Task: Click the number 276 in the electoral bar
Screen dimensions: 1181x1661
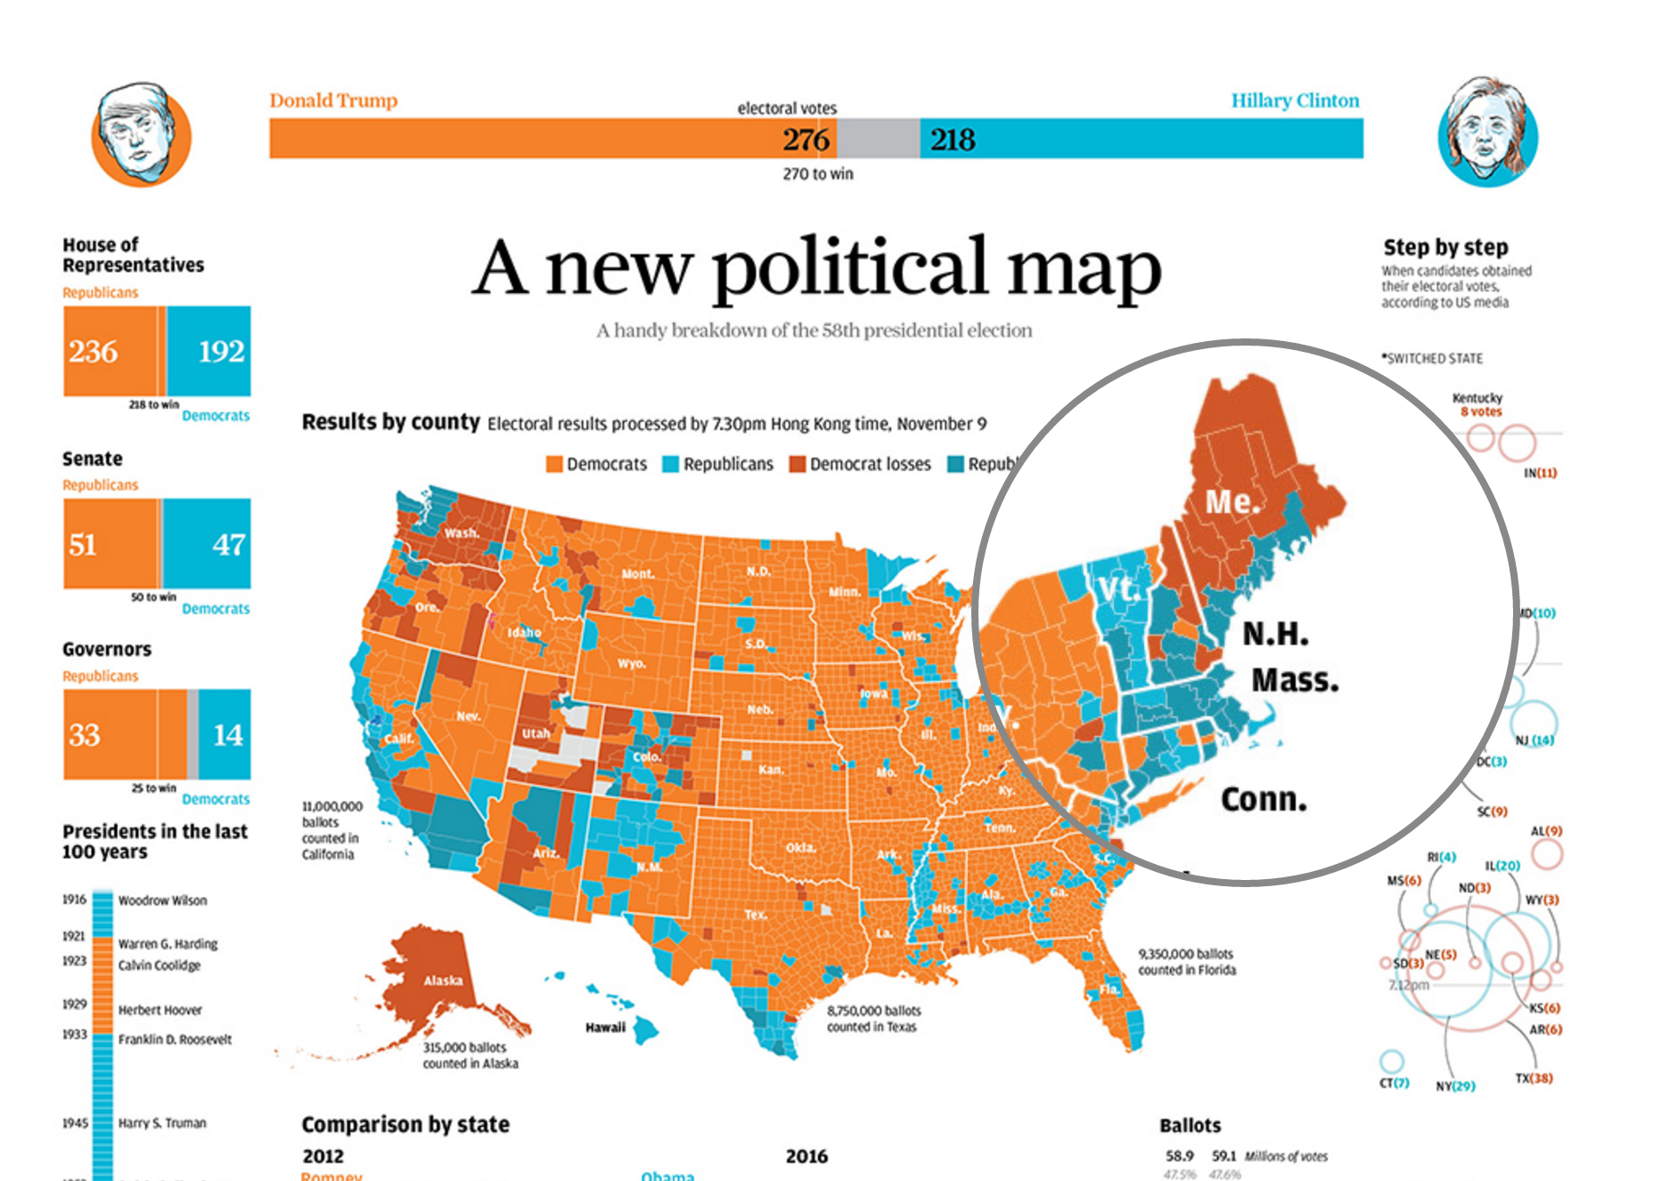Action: coord(806,140)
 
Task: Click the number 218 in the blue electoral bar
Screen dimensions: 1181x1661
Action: coord(953,140)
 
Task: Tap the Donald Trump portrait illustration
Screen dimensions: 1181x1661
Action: coord(141,134)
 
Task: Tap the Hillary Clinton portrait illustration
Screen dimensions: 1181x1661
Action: coord(1487,133)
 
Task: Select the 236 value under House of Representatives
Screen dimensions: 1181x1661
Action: coord(94,352)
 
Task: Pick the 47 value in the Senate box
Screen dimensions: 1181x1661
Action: coord(228,544)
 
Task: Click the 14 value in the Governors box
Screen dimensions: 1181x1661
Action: coord(227,735)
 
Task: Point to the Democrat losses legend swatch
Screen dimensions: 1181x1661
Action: coord(797,464)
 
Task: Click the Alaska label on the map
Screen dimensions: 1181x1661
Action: coord(443,981)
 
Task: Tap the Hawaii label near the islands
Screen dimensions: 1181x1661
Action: coord(605,1028)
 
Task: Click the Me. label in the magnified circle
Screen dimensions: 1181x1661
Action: coord(1232,501)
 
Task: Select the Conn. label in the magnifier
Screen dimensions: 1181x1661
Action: coord(1264,799)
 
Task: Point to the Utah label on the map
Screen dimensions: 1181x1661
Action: coord(536,734)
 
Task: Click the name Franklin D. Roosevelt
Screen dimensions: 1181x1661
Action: coord(175,1039)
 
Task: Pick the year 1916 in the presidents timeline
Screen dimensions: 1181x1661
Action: coord(74,900)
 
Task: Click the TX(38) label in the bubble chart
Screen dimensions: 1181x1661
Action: coord(1534,1079)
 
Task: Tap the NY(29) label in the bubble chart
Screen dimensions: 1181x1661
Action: coord(1455,1087)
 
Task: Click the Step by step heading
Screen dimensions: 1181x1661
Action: coord(1445,248)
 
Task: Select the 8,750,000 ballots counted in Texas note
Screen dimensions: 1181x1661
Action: coord(873,1019)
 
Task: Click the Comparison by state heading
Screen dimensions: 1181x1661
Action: coord(405,1125)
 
